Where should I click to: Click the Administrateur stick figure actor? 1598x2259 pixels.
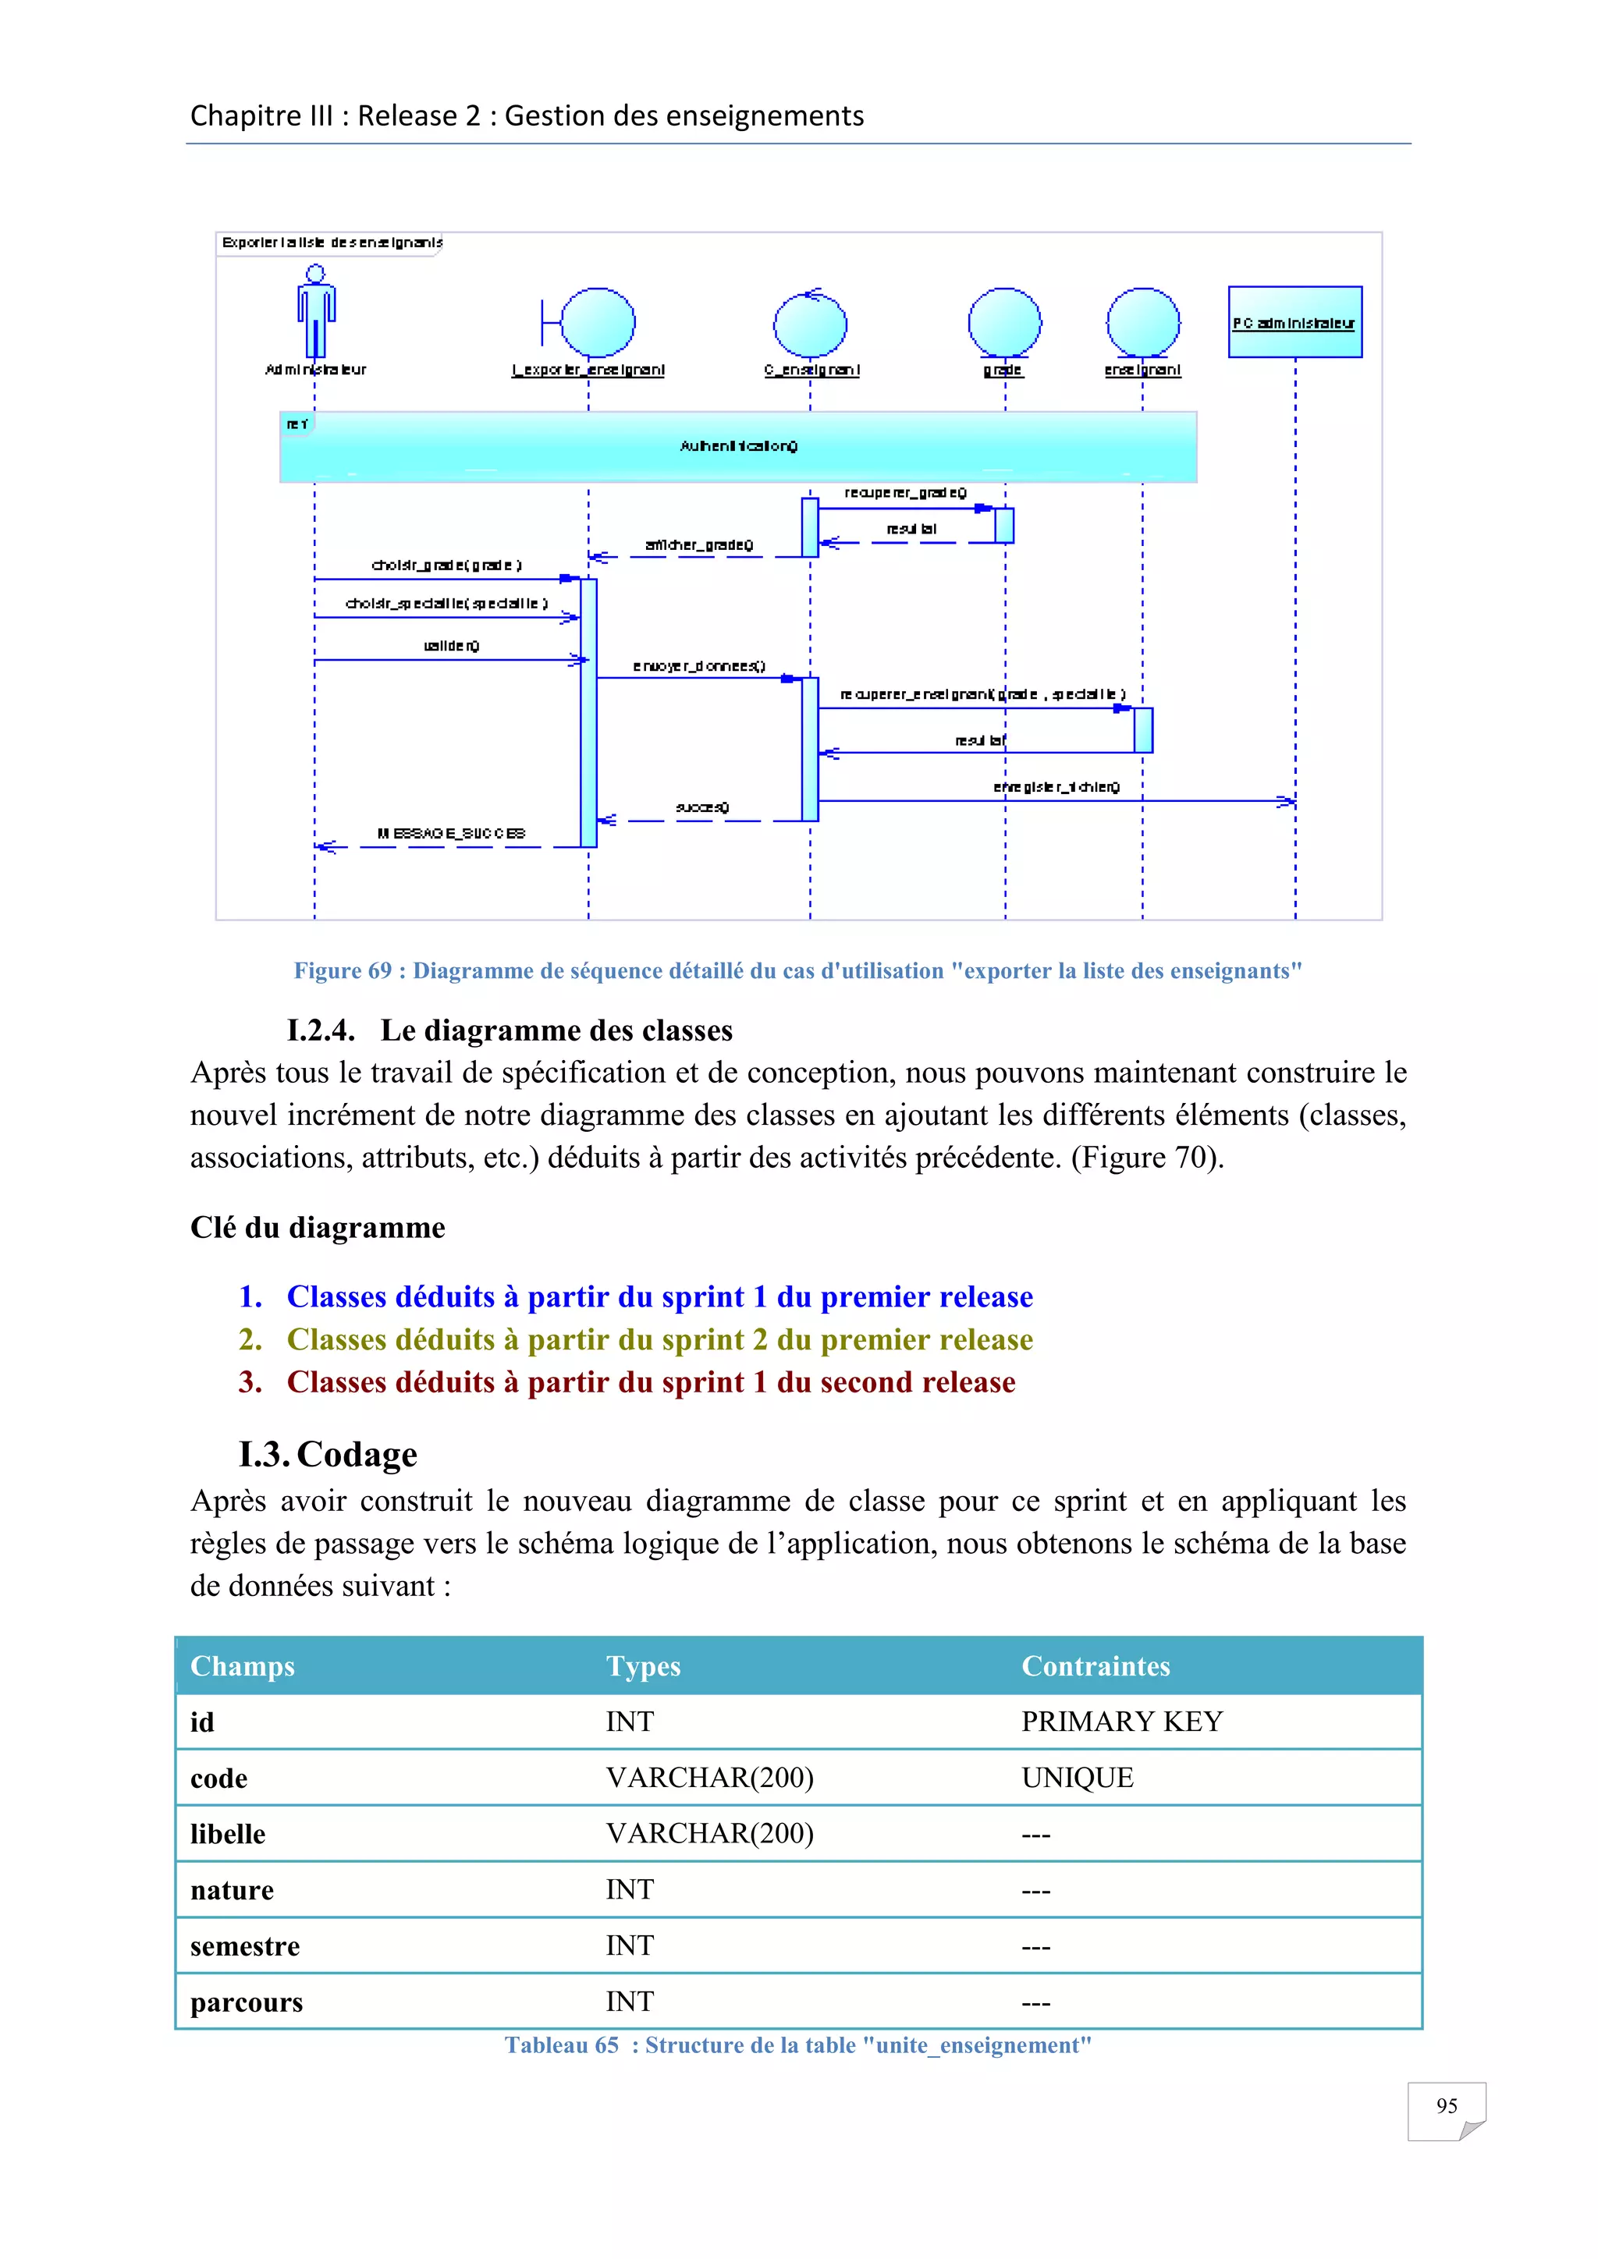click(316, 313)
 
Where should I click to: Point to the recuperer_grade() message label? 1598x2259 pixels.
click(905, 492)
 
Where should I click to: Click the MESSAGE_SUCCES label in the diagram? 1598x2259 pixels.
click(452, 833)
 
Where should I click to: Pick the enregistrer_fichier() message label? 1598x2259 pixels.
click(1056, 787)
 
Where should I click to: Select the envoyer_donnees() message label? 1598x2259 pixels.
click(698, 666)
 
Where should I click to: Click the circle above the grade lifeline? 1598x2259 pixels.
click(1005, 321)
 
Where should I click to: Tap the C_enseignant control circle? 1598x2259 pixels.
click(810, 324)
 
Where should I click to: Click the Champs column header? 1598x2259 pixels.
click(242, 1665)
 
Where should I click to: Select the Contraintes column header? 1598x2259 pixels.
click(1096, 1665)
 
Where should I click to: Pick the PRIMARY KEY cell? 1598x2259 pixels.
click(1122, 1722)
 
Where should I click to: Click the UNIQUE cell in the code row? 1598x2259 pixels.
click(1078, 1778)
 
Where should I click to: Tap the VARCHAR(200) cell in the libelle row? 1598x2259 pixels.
click(709, 1834)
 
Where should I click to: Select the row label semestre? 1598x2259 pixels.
click(245, 1946)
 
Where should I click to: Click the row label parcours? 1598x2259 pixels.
click(246, 2002)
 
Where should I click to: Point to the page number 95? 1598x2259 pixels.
click(1446, 2105)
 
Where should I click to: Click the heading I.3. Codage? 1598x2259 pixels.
click(328, 1454)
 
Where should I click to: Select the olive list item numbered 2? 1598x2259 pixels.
click(659, 1339)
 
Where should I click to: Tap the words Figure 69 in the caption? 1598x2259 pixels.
click(343, 971)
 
